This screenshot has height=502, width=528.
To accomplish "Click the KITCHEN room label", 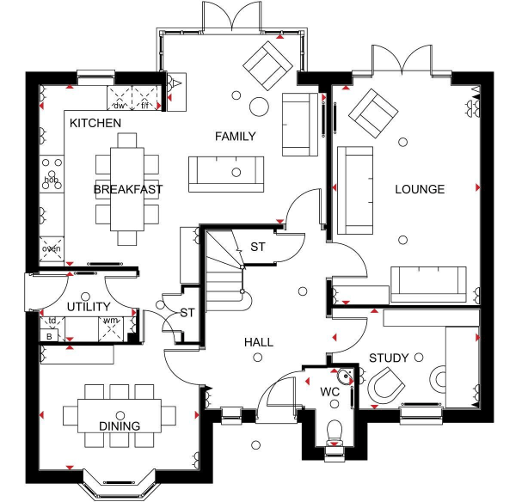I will click(95, 124).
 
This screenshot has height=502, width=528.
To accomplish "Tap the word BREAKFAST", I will click(128, 189).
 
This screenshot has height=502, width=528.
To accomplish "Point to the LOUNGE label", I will click(420, 189).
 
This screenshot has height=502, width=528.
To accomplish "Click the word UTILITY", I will click(89, 307).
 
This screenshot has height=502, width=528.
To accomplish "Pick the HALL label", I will click(258, 342).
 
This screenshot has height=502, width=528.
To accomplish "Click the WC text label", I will click(330, 393).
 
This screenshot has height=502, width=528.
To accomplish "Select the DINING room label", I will click(119, 425).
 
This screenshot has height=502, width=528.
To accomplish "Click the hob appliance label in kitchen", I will click(51, 180).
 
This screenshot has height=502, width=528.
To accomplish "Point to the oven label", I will click(52, 249).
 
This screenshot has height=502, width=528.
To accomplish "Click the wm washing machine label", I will click(110, 321).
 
